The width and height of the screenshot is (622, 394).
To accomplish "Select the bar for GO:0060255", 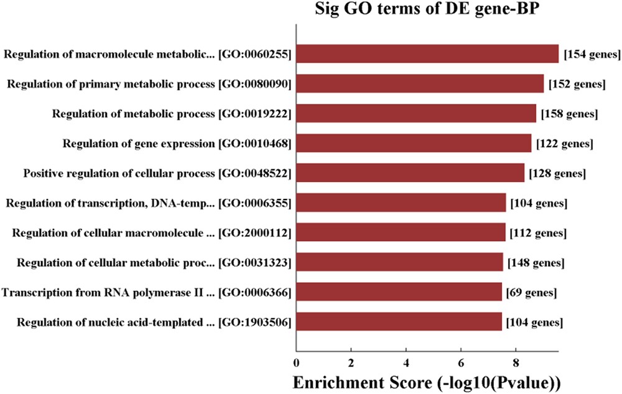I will click(x=427, y=54).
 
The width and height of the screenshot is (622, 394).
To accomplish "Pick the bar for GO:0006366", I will click(x=399, y=291).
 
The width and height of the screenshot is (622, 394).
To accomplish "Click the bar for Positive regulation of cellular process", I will click(x=410, y=173).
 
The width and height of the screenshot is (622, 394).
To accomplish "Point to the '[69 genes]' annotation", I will click(x=531, y=291).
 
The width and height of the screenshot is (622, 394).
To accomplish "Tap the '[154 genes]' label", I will click(x=592, y=55).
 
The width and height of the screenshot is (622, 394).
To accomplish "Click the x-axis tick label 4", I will click(x=406, y=362).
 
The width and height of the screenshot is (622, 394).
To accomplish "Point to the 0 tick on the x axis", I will click(x=296, y=362).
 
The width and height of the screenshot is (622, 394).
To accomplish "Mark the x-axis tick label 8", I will click(x=516, y=362).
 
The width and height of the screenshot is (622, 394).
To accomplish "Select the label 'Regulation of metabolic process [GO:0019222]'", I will click(x=172, y=114).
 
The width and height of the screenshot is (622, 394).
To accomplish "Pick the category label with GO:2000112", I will click(x=152, y=233).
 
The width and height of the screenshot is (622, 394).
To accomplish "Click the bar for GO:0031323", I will click(x=399, y=262).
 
